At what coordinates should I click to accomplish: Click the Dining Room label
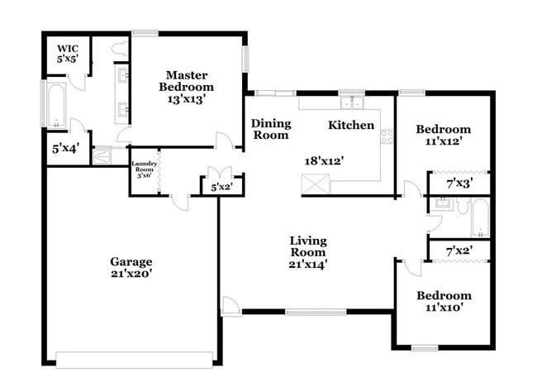tap(271, 129)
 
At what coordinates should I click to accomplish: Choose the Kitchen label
tap(351, 126)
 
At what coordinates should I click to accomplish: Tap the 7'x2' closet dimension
tap(459, 250)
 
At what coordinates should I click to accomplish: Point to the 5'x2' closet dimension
tap(221, 188)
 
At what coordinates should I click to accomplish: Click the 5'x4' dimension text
tap(65, 150)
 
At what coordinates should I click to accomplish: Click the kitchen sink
tap(353, 103)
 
